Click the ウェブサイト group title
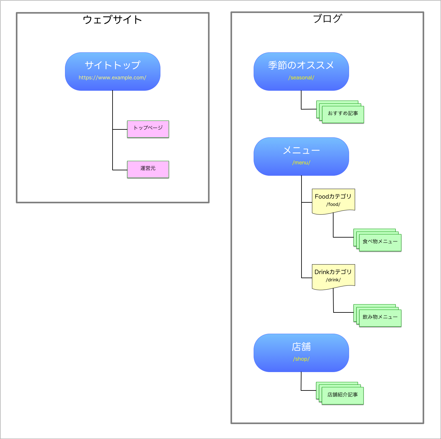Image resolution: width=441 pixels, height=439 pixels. [112, 20]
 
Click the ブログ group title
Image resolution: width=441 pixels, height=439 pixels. [327, 18]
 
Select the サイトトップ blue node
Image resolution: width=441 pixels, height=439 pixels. [113, 65]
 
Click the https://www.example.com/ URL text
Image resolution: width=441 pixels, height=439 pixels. [113, 78]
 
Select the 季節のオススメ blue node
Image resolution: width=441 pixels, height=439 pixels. [301, 65]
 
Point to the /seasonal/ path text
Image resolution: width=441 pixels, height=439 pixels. [301, 78]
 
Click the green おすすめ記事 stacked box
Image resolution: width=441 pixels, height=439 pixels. [343, 114]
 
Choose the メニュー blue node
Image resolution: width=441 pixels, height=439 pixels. [301, 150]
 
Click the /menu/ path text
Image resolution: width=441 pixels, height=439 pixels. [301, 163]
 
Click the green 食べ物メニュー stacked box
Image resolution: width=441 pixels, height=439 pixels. [380, 242]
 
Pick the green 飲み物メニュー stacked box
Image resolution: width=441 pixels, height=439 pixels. [380, 318]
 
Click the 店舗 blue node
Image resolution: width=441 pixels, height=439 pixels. [301, 347]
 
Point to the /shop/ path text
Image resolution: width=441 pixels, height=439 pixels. [301, 359]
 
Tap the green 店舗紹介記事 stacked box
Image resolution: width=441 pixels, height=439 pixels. [342, 396]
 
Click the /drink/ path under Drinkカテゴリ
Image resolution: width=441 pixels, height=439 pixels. [333, 280]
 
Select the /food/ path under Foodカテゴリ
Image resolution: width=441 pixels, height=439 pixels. [333, 204]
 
